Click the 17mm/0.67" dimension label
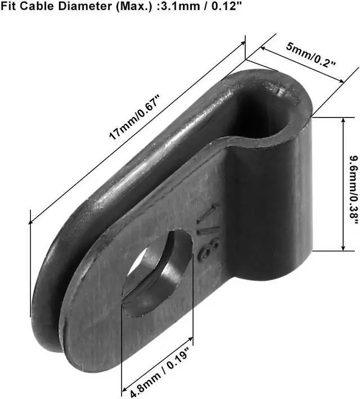click(x=134, y=117)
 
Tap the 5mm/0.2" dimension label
click(x=311, y=55)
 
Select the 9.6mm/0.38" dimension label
click(x=354, y=190)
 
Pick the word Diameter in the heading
click(x=85, y=6)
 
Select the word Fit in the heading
click(x=8, y=6)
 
